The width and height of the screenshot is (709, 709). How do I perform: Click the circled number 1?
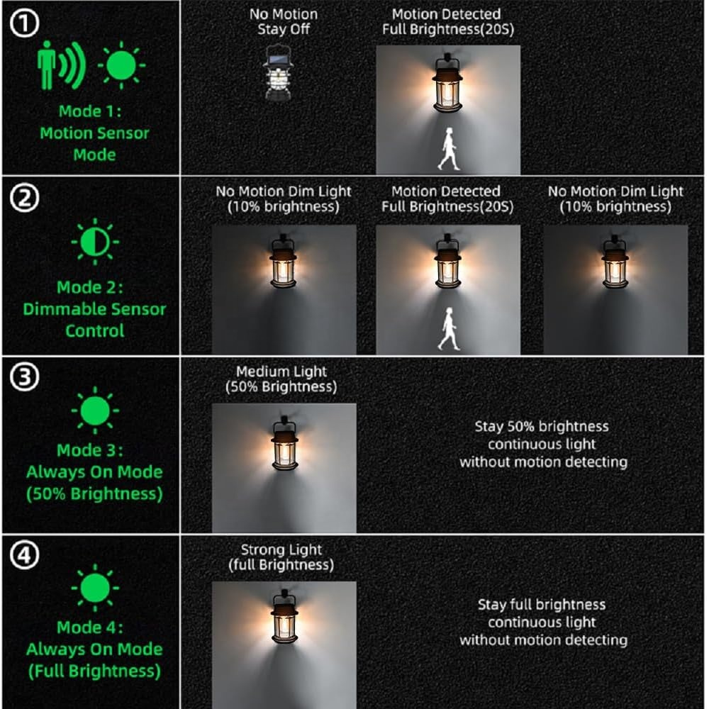[24, 23]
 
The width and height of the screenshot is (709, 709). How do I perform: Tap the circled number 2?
[24, 198]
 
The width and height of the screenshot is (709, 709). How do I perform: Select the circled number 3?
[24, 377]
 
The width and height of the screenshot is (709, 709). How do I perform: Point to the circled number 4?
[24, 555]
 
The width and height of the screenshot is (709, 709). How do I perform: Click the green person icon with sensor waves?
[60, 65]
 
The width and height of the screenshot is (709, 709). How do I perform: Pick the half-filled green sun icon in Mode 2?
[95, 242]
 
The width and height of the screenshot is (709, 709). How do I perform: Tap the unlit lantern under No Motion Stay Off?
[278, 72]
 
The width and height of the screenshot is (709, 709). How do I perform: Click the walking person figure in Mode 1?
[449, 149]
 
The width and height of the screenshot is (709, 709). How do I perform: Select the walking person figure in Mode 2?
[449, 329]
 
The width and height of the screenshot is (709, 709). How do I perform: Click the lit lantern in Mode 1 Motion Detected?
[447, 84]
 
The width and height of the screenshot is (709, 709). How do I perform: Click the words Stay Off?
[284, 29]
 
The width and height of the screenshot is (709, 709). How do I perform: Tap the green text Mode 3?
[89, 450]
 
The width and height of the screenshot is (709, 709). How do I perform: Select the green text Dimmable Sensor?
[94, 309]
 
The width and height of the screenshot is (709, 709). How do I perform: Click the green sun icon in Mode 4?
[95, 588]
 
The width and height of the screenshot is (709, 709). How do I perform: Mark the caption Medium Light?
[281, 372]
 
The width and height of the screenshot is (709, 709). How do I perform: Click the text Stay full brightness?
[542, 605]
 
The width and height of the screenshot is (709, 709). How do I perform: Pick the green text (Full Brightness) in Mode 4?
[94, 671]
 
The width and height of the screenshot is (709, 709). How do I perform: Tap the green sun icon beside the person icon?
[122, 65]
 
